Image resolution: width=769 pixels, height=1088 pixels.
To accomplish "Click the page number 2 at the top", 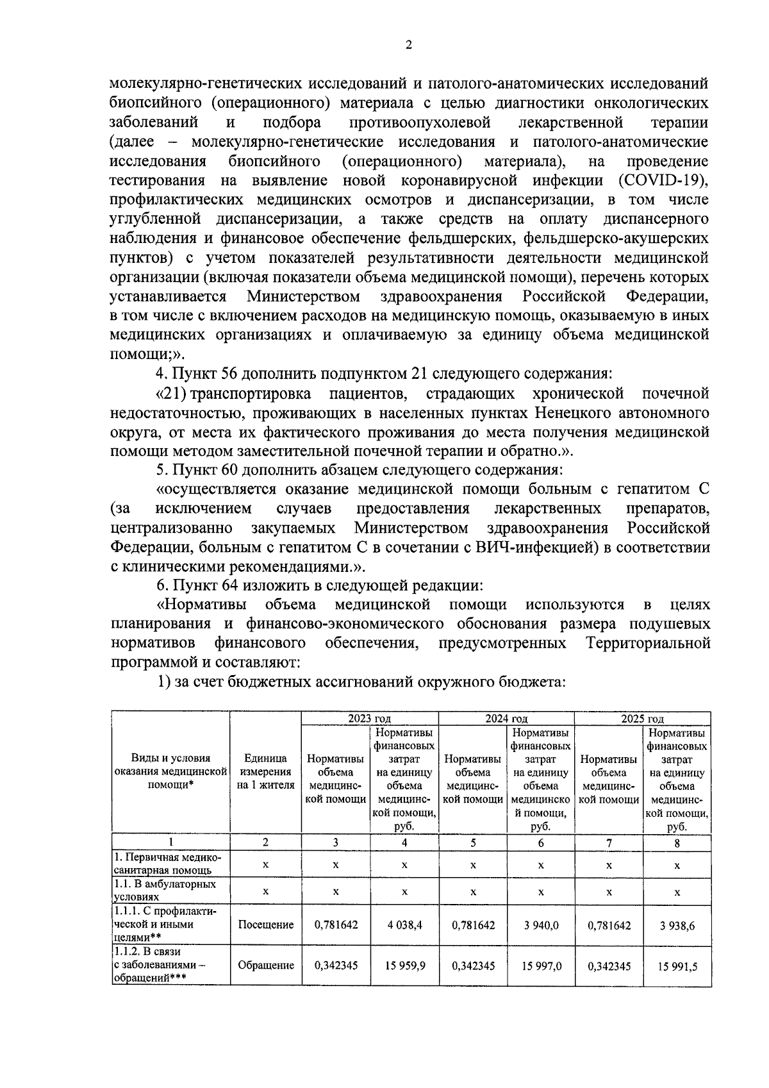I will (408, 44).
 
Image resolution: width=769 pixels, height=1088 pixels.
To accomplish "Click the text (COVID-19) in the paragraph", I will (664, 180).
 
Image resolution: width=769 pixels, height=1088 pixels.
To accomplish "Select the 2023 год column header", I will (370, 719).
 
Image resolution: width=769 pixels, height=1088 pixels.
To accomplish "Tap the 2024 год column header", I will (506, 719).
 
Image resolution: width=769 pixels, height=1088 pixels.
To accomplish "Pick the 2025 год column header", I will (642, 719).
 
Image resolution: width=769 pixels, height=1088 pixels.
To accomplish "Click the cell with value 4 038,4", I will (404, 925).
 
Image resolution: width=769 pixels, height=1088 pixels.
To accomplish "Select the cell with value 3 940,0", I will (541, 925).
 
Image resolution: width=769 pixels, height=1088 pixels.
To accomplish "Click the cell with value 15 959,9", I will (404, 966).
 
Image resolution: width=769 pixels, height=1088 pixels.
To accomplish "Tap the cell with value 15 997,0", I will (541, 966).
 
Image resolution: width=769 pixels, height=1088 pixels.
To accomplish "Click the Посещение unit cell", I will (266, 925).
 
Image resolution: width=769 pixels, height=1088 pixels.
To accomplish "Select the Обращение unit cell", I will (266, 966).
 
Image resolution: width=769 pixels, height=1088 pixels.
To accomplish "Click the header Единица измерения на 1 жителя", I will (266, 772).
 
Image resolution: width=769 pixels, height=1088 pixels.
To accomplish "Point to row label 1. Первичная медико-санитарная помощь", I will (168, 864).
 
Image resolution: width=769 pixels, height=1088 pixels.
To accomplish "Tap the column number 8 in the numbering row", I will (677, 843).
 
